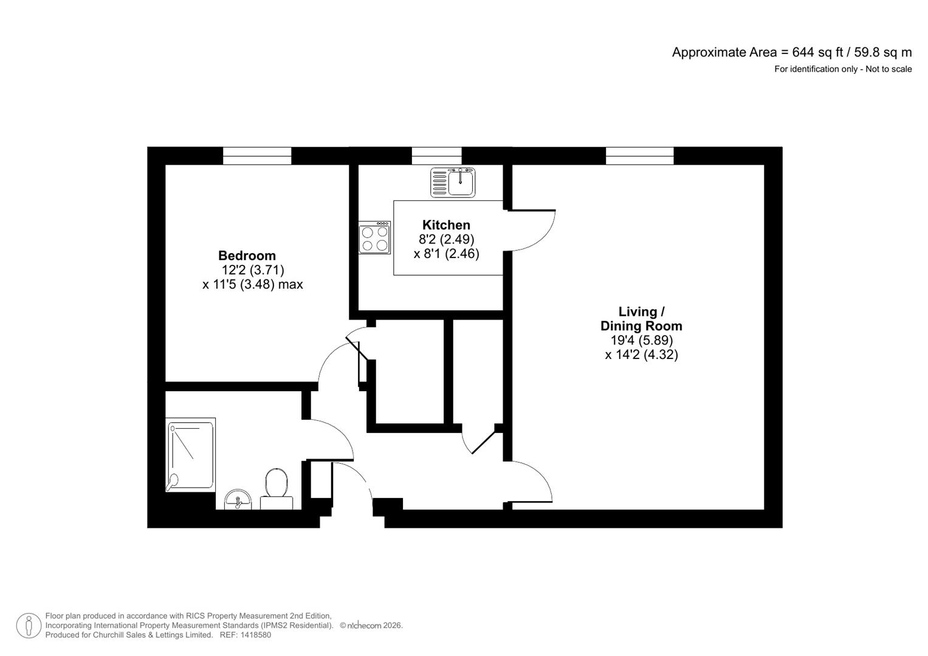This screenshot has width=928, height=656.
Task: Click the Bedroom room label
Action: [x=247, y=256]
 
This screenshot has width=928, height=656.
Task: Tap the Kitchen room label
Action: [x=446, y=225]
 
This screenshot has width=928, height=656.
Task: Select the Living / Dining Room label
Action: [x=641, y=319]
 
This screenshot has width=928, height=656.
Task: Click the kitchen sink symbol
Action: [x=453, y=182]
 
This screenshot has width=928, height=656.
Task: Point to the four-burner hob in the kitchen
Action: [x=374, y=237]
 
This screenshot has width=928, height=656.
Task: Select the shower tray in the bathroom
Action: [x=191, y=454]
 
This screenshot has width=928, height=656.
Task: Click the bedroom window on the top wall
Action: [x=257, y=155]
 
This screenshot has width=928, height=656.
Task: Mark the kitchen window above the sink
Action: [x=436, y=155]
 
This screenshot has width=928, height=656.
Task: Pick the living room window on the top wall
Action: [x=639, y=155]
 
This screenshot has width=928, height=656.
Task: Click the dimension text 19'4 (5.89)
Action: [x=641, y=341]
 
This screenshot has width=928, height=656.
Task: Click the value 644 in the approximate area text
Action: [x=802, y=52]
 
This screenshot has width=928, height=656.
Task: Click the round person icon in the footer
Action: [x=29, y=626]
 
